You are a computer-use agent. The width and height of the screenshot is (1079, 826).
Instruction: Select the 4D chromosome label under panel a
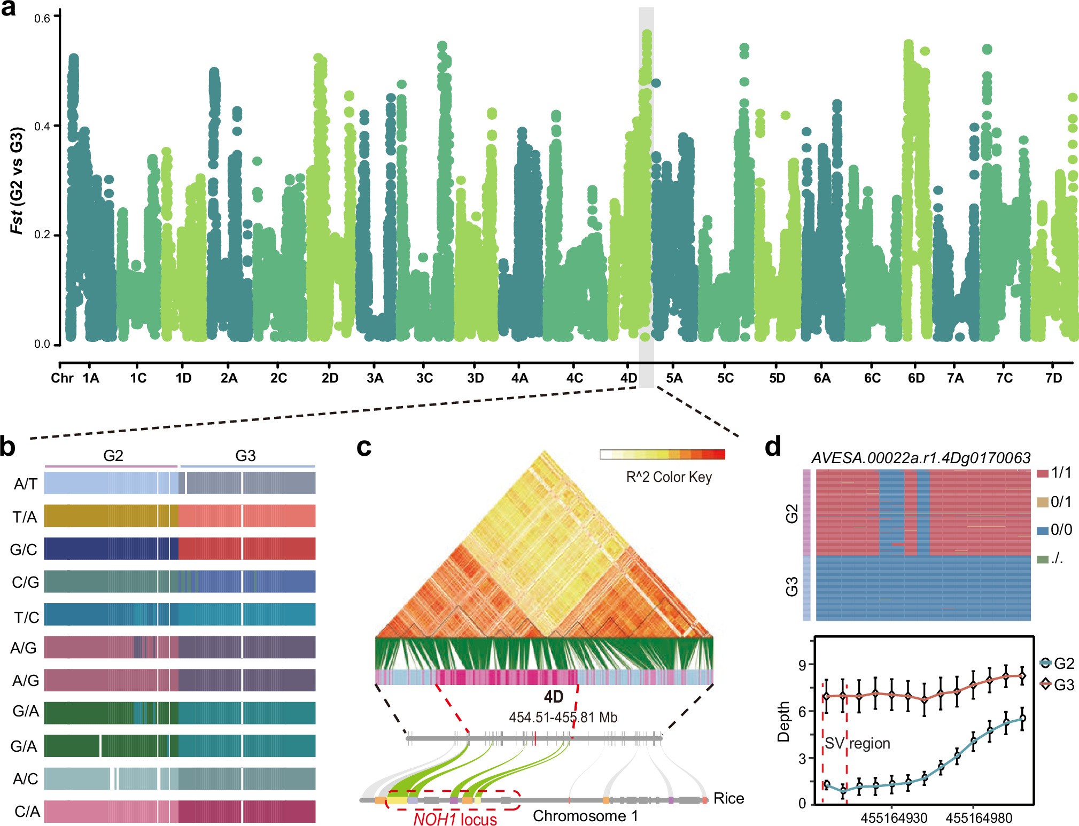click(628, 378)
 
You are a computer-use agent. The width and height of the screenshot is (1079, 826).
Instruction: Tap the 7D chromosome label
click(1053, 378)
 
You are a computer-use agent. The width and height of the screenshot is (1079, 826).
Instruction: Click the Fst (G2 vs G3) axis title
click(18, 180)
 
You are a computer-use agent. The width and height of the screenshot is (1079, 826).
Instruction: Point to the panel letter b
click(7, 447)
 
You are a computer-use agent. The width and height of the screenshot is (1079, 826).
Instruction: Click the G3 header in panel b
click(245, 456)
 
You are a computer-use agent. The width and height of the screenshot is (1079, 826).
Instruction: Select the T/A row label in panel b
click(25, 517)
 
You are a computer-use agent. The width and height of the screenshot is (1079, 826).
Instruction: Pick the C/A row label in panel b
click(27, 812)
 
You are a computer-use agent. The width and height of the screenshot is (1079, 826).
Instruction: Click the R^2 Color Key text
click(669, 477)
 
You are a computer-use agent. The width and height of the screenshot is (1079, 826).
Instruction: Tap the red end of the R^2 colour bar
click(719, 455)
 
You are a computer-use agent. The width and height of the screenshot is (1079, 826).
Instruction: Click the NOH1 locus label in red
click(455, 819)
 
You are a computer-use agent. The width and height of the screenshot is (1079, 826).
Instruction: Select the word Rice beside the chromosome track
click(728, 798)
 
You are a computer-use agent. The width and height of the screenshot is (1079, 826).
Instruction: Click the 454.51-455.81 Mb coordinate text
click(563, 717)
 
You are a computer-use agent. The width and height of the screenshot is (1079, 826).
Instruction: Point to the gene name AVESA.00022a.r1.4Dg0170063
click(920, 458)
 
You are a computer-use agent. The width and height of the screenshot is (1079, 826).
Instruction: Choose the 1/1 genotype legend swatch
click(1042, 473)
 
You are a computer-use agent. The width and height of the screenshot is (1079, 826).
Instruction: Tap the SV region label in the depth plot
click(857, 743)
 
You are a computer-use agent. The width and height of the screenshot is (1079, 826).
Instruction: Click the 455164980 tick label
click(979, 818)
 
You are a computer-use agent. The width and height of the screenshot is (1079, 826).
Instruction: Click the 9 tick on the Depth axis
click(802, 665)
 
